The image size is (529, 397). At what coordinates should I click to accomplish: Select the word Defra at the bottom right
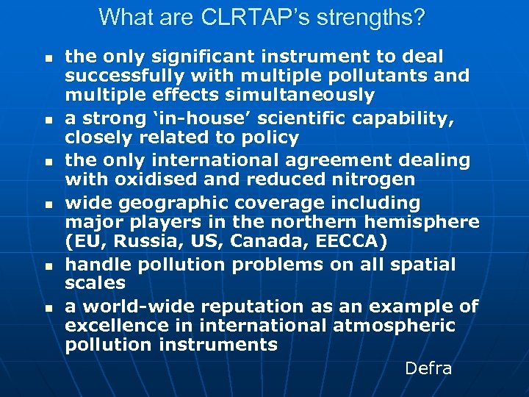428,368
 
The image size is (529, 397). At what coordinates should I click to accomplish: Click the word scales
95,283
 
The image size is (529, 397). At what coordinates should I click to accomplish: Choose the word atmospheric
394,326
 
